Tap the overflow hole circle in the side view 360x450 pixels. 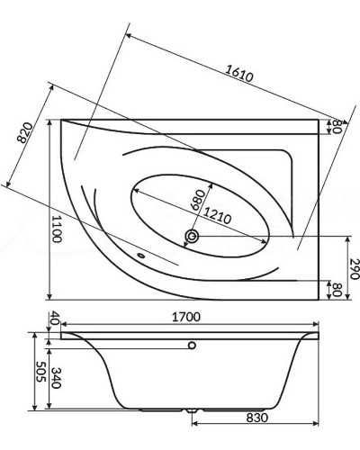[192, 346]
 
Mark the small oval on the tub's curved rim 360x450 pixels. [142, 255]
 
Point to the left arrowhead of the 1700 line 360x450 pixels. [63, 328]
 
